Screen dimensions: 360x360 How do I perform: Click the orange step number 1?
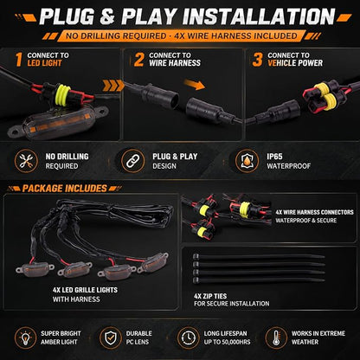[x=19, y=60]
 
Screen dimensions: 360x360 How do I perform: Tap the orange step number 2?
[x=138, y=60]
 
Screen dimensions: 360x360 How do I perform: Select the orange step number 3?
[x=257, y=60]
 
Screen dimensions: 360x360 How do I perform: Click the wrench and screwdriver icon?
[x=26, y=161]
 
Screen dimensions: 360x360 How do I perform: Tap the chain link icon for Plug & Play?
[x=133, y=161]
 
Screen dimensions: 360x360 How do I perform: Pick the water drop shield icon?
[x=247, y=161]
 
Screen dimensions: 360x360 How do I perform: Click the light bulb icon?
[x=26, y=337]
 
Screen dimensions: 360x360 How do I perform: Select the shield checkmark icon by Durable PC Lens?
[x=111, y=337]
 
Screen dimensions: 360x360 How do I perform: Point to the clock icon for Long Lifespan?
[x=189, y=337]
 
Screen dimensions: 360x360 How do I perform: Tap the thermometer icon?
[x=276, y=337]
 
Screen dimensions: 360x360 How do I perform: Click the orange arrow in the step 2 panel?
[x=194, y=85]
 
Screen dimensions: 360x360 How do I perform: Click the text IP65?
[x=274, y=157]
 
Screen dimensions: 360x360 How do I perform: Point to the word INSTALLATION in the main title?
[x=259, y=16]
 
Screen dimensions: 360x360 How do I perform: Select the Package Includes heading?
[x=65, y=189]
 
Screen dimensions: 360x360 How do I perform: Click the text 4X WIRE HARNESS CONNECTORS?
[x=314, y=212]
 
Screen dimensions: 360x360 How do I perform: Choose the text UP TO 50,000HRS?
[x=228, y=342]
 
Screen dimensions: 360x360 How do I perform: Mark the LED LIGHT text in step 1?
[x=45, y=63]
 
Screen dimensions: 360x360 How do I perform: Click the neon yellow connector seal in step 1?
[x=63, y=94]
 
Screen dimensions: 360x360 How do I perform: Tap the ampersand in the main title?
[x=107, y=16]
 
